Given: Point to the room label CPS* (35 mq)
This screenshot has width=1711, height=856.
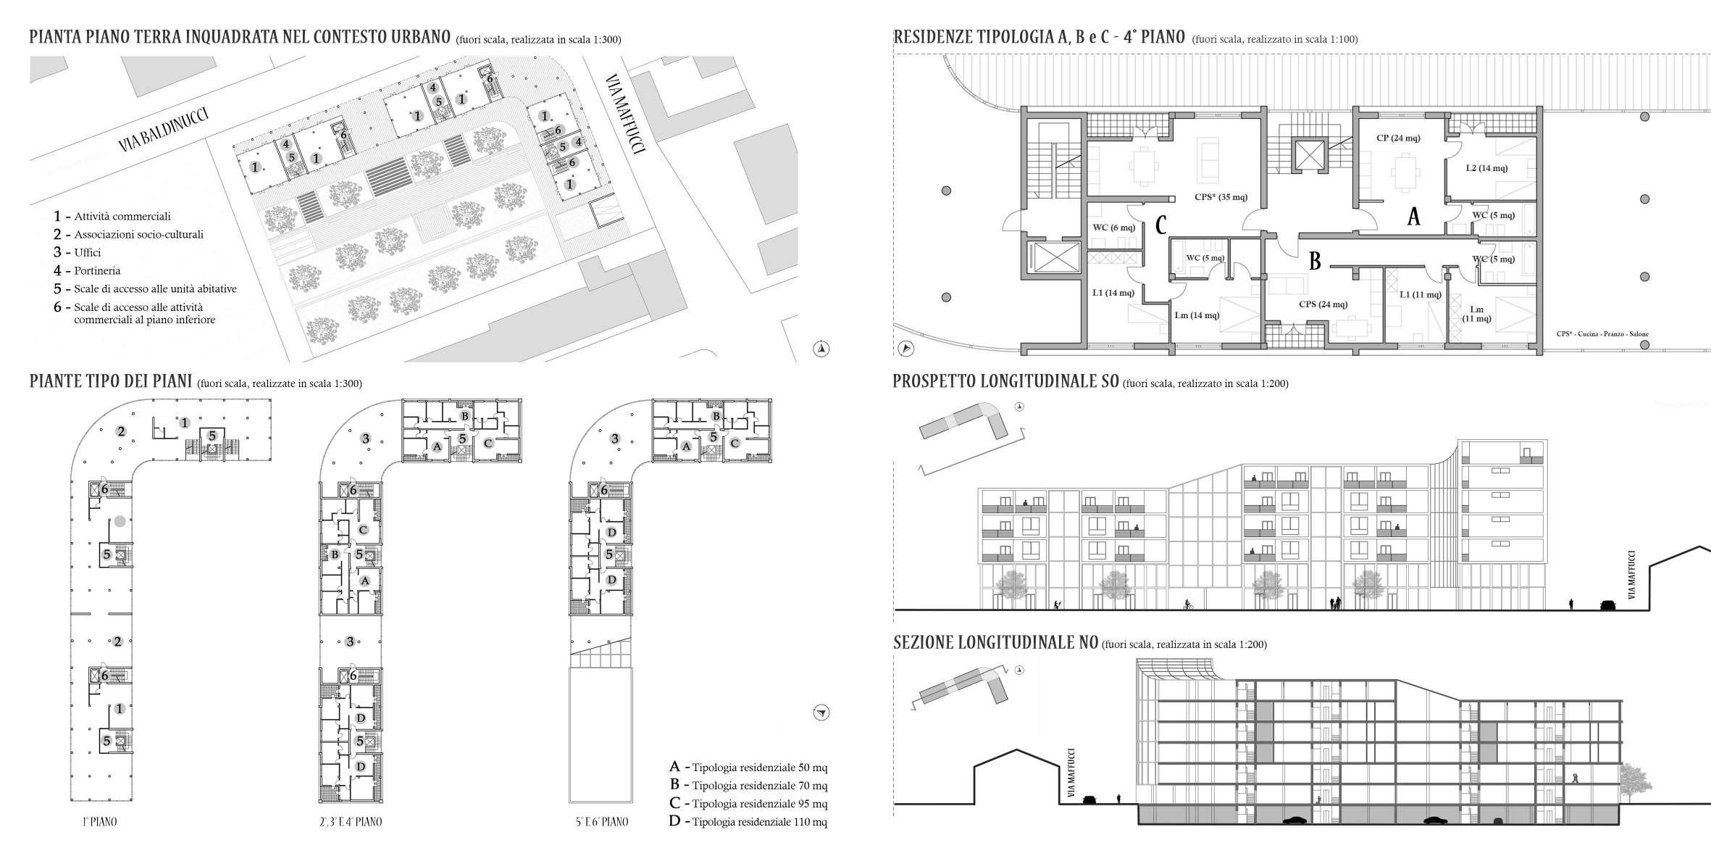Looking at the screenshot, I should (1221, 196).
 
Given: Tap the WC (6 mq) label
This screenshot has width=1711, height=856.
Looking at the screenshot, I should (1113, 228).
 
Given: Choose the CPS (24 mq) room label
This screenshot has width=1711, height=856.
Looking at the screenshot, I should (1323, 304).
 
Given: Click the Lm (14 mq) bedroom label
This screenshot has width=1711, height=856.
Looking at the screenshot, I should (1197, 315).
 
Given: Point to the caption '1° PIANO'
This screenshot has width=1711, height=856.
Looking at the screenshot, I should (99, 822).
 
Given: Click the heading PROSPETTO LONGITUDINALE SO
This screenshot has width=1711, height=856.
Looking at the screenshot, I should (1007, 382).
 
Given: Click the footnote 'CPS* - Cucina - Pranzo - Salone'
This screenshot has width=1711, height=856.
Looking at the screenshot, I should (1602, 334).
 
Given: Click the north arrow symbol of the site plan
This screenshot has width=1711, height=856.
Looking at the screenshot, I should (822, 349).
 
